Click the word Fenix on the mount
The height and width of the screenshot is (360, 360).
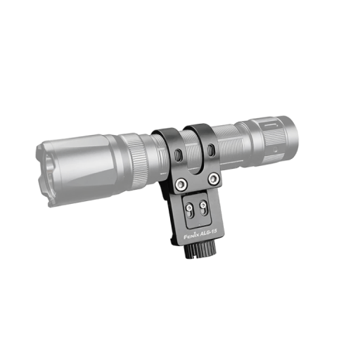click(x=192, y=236)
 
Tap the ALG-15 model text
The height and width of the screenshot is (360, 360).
click(x=209, y=233)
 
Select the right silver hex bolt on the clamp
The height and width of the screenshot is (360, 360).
click(x=214, y=179)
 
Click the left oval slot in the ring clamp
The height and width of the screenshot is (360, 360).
click(x=179, y=155)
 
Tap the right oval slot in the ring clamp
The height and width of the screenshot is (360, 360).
click(x=210, y=150)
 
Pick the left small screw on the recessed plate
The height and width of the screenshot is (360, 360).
click(x=189, y=207)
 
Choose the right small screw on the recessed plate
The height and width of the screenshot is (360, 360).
click(x=202, y=205)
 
